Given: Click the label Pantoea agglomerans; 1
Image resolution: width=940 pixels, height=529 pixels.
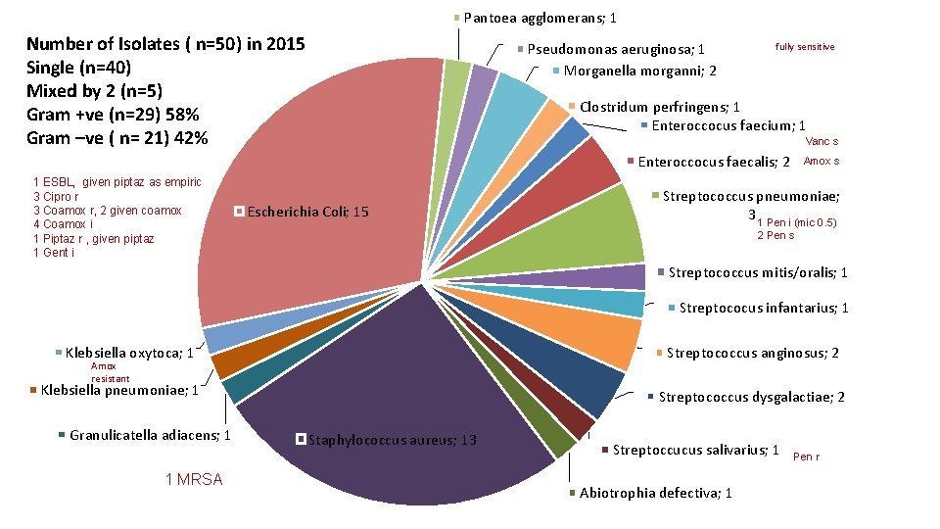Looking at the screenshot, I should click(x=540, y=18).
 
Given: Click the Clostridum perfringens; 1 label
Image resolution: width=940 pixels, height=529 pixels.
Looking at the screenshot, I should click(x=659, y=107).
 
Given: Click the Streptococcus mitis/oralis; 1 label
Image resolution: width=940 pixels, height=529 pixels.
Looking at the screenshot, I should click(x=758, y=272).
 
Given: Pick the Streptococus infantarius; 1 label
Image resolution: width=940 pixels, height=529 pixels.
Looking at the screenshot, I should click(x=764, y=309).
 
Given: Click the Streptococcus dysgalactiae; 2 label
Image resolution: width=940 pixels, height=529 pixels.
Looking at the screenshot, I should click(x=751, y=397).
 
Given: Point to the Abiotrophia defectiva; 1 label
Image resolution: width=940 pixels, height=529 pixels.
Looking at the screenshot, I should click(x=655, y=493).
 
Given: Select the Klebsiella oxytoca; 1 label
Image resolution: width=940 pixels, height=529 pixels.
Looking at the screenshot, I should click(x=128, y=353).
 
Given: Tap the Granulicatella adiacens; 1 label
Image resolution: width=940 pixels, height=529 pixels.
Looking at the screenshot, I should click(x=150, y=435).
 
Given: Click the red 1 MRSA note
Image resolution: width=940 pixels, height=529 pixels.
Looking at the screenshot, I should click(x=195, y=479).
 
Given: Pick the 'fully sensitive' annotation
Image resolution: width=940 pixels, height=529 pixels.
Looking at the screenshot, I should click(x=805, y=46).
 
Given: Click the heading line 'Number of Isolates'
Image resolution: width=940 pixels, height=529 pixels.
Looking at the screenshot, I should click(x=165, y=44).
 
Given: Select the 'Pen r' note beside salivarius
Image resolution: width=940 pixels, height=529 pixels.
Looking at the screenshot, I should click(x=806, y=457).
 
